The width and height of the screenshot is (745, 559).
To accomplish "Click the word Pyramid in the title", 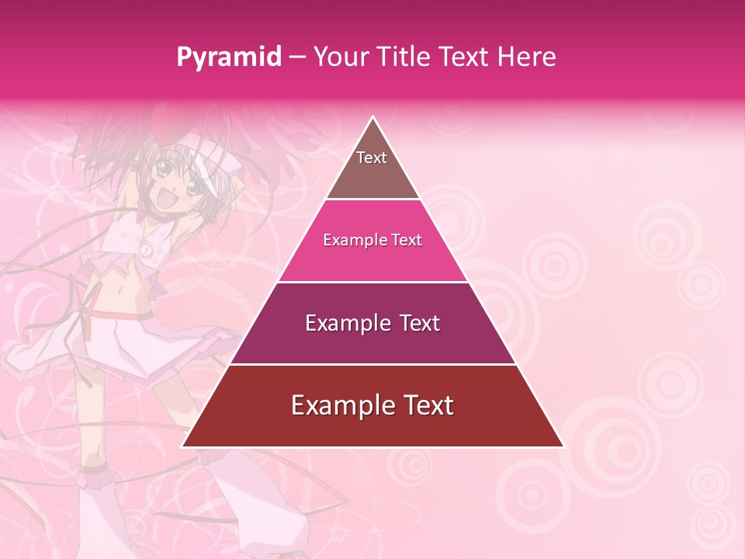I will coord(229,57).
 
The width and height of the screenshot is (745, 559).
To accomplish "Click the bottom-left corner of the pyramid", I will coord(183,446).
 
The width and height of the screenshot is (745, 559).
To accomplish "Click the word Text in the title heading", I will coord(465,57).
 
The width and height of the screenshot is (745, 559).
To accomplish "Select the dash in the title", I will coord(297,57).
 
